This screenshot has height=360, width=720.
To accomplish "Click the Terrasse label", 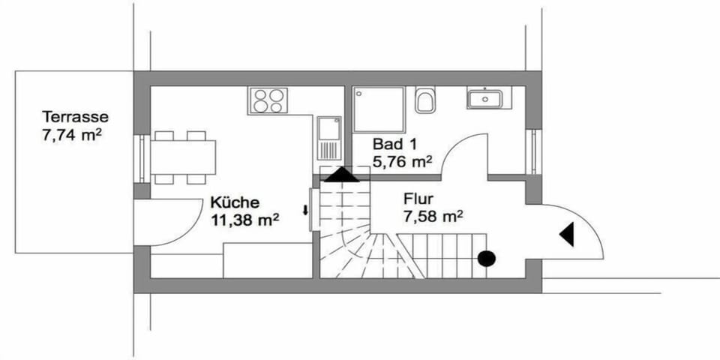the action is tap(75, 117).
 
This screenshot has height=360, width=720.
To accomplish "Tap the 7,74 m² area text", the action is tap(71, 136).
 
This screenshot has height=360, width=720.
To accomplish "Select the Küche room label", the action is tap(235, 202).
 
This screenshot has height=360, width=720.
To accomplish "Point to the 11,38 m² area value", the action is tap(245, 220).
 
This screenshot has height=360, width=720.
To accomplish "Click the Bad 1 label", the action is tap(394, 144).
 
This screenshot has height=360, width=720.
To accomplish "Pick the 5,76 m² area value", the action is tap(402, 162).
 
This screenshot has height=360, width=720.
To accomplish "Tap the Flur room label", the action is tap(418, 199).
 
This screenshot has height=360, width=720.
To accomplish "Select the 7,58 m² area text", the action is tap(433, 216).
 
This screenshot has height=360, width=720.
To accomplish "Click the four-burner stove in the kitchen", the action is tap(268, 100).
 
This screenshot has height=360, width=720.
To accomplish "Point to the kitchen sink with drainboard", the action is tap(329, 138).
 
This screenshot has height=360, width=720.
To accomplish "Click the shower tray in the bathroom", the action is tap(379, 109).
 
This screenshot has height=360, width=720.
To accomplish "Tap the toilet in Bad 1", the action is tap(424, 100).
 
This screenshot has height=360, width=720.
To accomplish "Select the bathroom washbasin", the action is tap(484, 98).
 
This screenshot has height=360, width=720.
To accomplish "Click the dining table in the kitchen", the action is tap(183, 157).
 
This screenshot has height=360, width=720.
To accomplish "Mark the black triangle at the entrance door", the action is tap(567, 234).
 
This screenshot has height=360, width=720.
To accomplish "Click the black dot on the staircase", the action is tap(486, 259).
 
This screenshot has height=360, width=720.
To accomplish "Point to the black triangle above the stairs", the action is tap(341, 175).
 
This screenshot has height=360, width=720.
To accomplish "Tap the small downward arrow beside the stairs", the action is tap(304, 211).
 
